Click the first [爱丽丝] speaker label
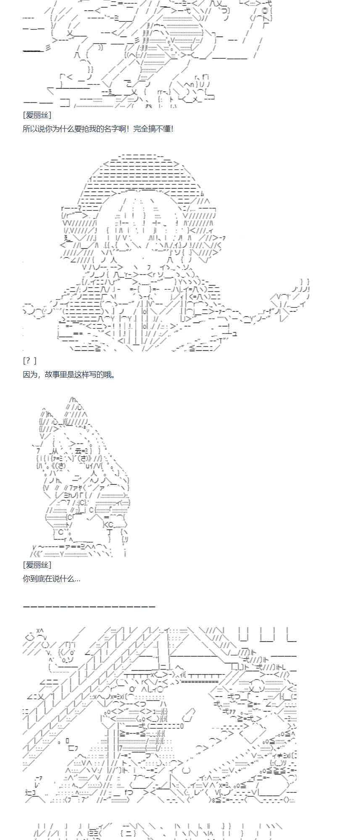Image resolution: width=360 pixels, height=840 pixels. pos(37,115)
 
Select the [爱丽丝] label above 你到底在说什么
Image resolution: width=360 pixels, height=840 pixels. pos(37,565)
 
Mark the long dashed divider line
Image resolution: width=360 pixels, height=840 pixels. pos(89,606)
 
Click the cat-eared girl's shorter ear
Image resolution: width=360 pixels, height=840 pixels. pos(47,420)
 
